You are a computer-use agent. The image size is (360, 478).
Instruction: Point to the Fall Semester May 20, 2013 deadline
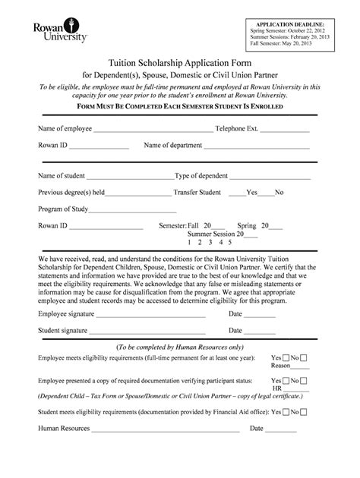[x=282, y=43]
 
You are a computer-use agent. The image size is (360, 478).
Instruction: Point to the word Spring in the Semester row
[x=246, y=225]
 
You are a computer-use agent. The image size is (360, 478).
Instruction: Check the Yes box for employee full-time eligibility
[x=286, y=357]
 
